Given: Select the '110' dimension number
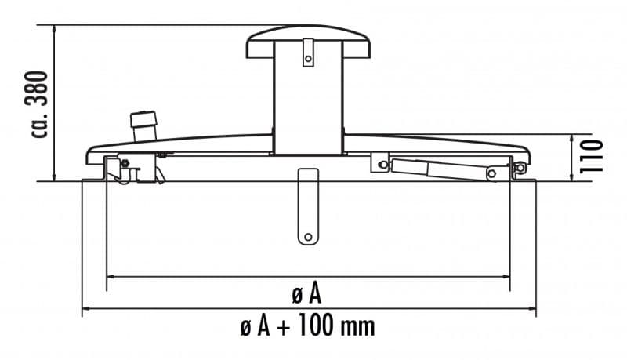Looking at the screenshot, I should click(x=592, y=156).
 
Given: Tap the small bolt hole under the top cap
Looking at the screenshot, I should click(x=309, y=58).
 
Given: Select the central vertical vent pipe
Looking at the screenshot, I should click(x=308, y=102).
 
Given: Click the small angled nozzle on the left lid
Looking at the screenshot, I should click(x=145, y=125).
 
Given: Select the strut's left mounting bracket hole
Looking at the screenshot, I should click(x=382, y=164).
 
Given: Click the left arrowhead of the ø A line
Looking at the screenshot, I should click(x=110, y=277).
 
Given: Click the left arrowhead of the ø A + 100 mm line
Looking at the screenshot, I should click(x=85, y=308).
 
